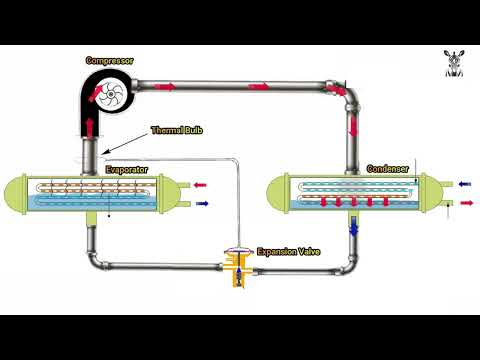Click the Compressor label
click(109, 61)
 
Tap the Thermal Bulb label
click(177, 130)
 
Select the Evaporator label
click(127, 170)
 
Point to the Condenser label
click(388, 169)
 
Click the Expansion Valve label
click(289, 252)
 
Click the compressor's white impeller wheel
click(111, 95)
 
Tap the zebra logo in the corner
click(454, 63)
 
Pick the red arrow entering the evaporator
click(200, 185)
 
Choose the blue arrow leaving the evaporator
click(202, 203)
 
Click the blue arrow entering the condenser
click(465, 184)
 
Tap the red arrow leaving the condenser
click(467, 203)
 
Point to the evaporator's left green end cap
click(15, 194)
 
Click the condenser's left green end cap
click(278, 192)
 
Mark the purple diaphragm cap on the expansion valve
click(238, 249)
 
